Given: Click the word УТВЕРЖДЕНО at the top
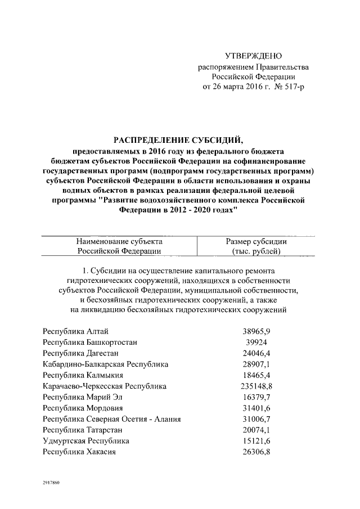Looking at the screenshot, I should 253,56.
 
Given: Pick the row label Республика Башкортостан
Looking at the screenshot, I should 90,342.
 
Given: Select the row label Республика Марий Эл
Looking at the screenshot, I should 82,397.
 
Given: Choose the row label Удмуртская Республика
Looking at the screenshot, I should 86,442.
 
